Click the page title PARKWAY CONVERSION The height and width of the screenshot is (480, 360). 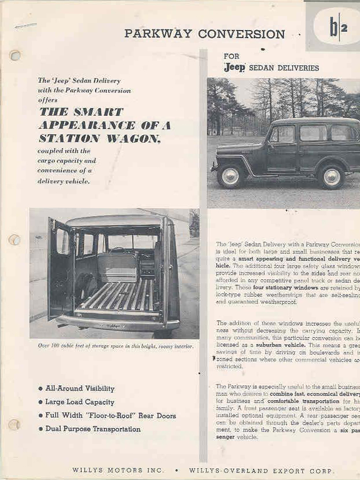point(204,34)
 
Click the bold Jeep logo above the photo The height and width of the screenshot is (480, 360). point(234,68)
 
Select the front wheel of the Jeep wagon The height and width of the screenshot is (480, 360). point(231,176)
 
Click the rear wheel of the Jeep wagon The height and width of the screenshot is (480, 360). point(332,177)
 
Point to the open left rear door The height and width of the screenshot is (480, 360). point(61,267)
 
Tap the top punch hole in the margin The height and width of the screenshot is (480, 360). point(15,56)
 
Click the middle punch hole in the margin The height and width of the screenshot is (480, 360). point(15,239)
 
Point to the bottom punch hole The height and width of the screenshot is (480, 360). point(14,424)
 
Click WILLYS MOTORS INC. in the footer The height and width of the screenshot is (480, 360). point(118,470)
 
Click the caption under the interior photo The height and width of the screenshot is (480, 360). point(115,346)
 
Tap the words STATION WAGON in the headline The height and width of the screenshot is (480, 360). point(99,138)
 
